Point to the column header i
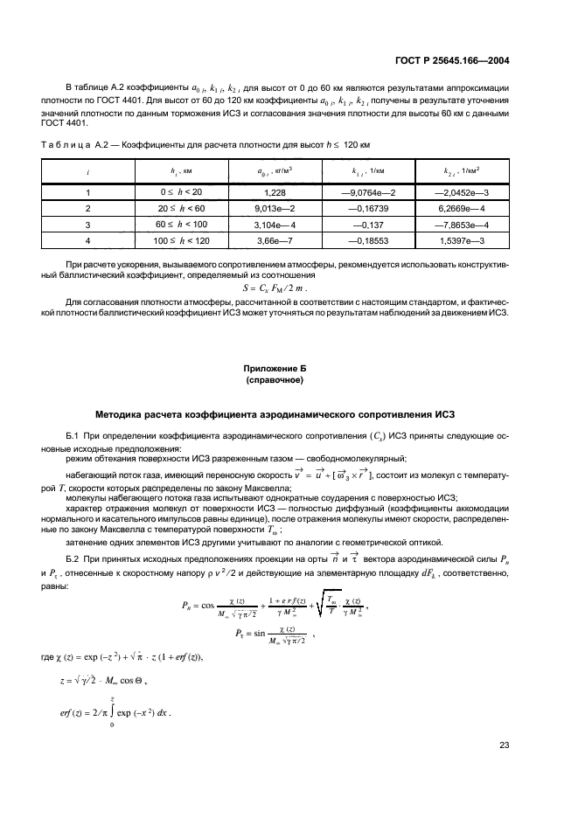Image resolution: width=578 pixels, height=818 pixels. pyautogui.click(x=88, y=172)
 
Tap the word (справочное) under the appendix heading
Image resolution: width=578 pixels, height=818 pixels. pyautogui.click(x=280, y=381)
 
